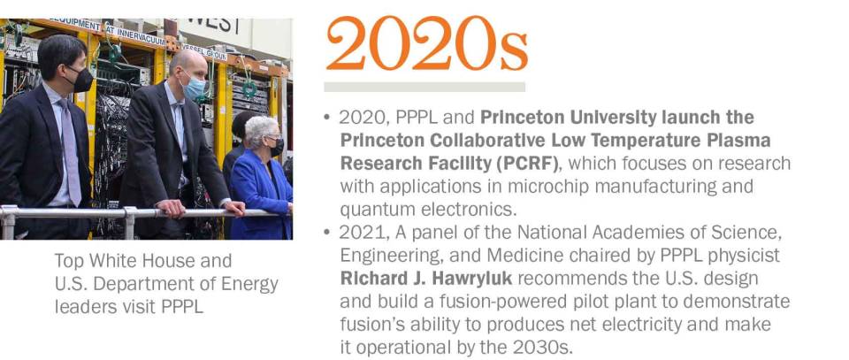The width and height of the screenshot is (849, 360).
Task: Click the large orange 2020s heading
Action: [x=426, y=44]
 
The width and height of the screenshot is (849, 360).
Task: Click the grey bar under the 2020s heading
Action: [x=424, y=87]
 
